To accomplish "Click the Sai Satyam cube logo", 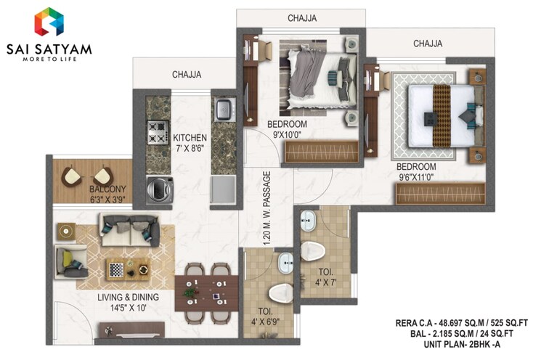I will pos(48,22).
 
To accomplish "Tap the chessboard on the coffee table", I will pos(116,269).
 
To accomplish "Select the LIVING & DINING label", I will pos(128,298).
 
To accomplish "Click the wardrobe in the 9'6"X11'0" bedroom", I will pos(439,193).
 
